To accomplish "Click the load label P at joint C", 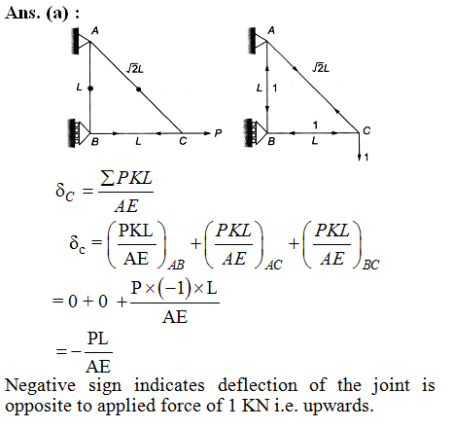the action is pyautogui.click(x=218, y=133).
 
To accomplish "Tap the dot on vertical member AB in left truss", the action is pyautogui.click(x=90, y=89).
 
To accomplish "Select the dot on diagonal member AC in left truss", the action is pyautogui.click(x=139, y=89).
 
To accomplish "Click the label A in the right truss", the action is pyautogui.click(x=271, y=30).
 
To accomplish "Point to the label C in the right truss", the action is pyautogui.click(x=366, y=130).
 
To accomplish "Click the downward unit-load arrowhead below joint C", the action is pyautogui.click(x=359, y=158).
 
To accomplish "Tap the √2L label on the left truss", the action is pyautogui.click(x=134, y=69).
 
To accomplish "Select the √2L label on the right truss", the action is pyautogui.click(x=321, y=68).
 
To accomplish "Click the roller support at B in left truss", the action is pyautogui.click(x=79, y=133).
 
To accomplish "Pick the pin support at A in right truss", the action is pyautogui.click(x=257, y=41).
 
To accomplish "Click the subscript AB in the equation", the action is pyautogui.click(x=176, y=265).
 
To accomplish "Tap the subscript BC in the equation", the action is pyautogui.click(x=370, y=265).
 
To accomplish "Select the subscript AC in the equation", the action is pyautogui.click(x=273, y=265).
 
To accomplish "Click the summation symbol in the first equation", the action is pyautogui.click(x=107, y=178).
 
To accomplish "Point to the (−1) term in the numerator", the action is pyautogui.click(x=174, y=288).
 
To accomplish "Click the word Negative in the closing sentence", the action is pyautogui.click(x=41, y=386).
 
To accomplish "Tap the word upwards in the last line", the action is pyautogui.click(x=338, y=407).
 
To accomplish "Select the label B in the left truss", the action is pyautogui.click(x=95, y=142).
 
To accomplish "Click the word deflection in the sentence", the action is pyautogui.click(x=258, y=385).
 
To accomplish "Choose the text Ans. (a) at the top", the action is pyautogui.click(x=37, y=14).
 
